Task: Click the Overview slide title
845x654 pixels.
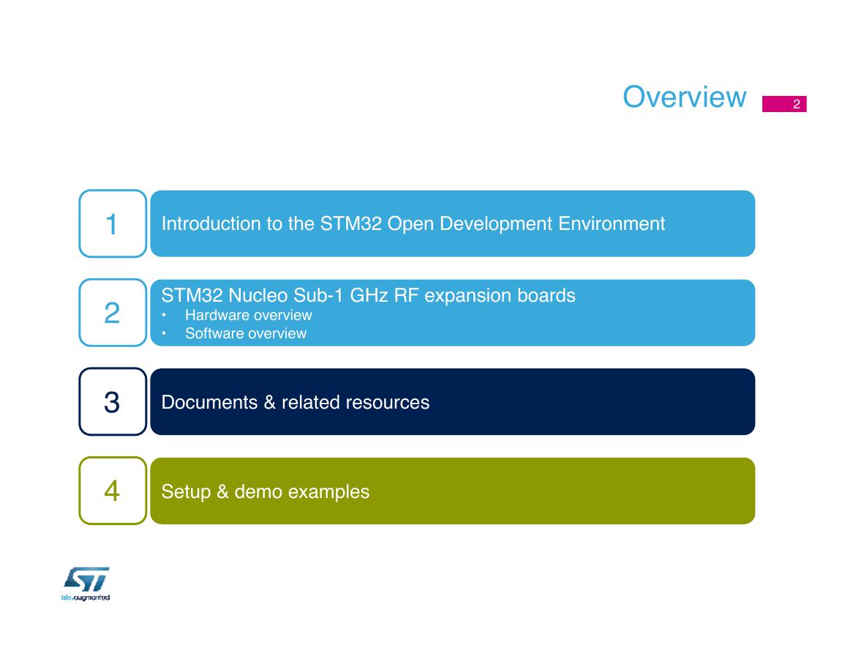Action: click(684, 97)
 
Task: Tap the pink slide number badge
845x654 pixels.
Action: click(784, 104)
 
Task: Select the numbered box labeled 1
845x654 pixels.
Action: click(113, 223)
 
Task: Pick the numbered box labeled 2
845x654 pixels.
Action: click(113, 313)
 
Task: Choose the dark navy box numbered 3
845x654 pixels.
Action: click(113, 401)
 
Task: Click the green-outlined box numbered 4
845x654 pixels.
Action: click(113, 491)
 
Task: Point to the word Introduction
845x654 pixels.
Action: click(211, 223)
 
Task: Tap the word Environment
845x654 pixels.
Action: click(612, 223)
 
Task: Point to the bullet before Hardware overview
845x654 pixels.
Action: click(164, 316)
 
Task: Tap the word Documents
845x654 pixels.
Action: click(209, 402)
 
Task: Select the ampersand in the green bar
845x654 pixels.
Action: click(222, 491)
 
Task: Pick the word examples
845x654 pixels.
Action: click(328, 491)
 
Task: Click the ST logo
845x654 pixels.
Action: click(86, 579)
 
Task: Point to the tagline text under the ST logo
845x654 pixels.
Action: click(86, 598)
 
